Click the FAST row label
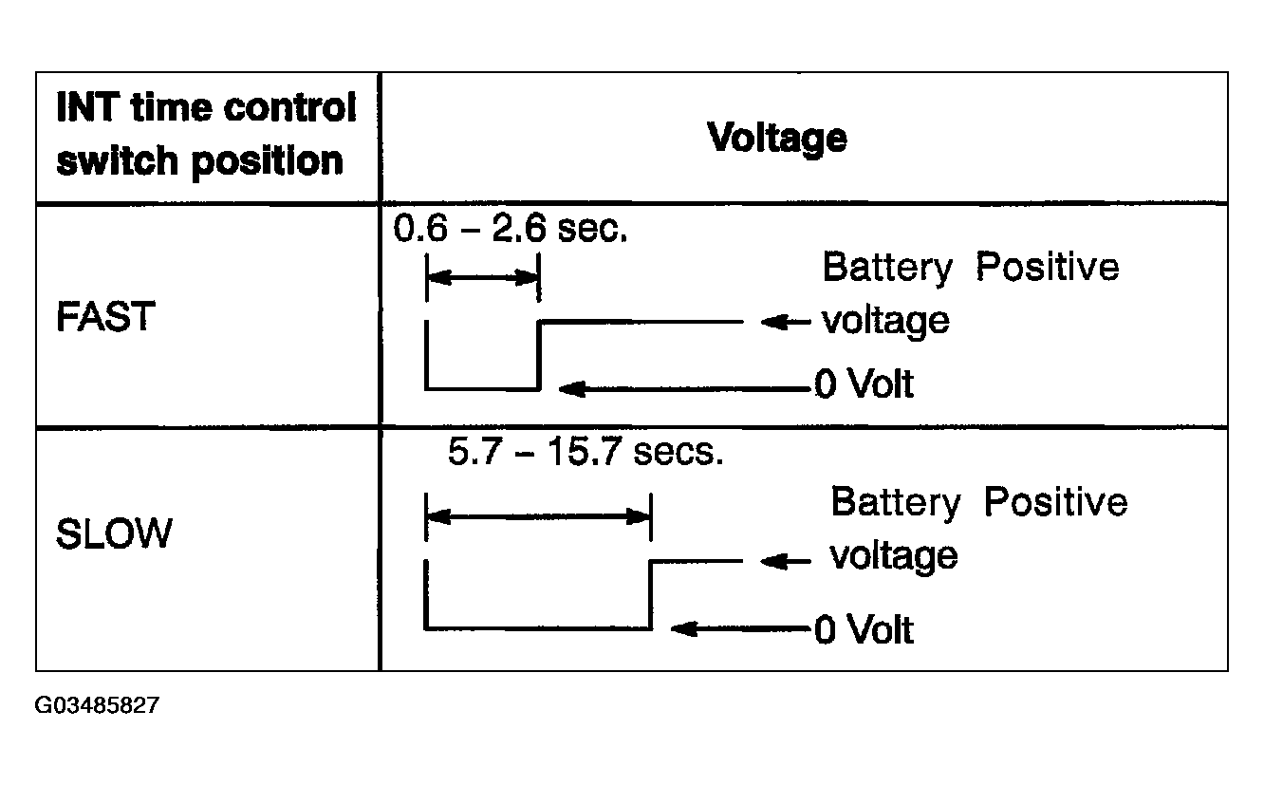[x=106, y=316]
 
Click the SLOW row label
[x=114, y=533]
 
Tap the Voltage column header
[x=777, y=139]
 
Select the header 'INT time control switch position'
[x=207, y=135]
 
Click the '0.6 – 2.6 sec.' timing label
[x=511, y=229]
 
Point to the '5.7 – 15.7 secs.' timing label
[x=586, y=452]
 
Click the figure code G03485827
[x=97, y=705]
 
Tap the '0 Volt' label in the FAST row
[x=864, y=383]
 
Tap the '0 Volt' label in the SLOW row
[x=864, y=629]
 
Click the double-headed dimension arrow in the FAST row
[x=483, y=278]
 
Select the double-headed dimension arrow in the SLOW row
[x=539, y=516]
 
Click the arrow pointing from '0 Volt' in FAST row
[x=684, y=389]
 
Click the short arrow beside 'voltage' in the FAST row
[x=786, y=322]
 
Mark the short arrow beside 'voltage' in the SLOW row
[x=786, y=562]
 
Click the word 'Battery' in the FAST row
[x=888, y=268]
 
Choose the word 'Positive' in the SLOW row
[x=1056, y=502]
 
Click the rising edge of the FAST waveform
[x=538, y=356]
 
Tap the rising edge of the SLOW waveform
[x=651, y=595]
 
